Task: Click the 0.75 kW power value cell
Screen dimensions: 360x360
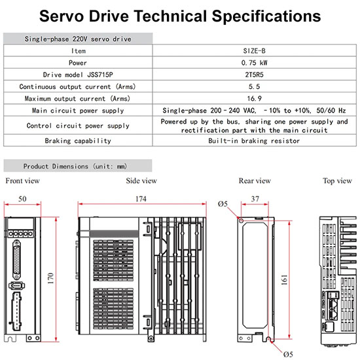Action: point(254,63)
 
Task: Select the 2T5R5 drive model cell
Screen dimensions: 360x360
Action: point(254,75)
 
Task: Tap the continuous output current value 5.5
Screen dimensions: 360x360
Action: point(254,86)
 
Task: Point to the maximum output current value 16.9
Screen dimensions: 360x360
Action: point(254,98)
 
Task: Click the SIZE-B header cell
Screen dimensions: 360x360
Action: point(254,51)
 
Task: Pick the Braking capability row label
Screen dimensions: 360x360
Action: point(78,141)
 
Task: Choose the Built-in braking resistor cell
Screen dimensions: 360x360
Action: point(254,141)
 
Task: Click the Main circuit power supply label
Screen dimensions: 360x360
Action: point(78,111)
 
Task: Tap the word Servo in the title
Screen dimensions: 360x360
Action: point(62,16)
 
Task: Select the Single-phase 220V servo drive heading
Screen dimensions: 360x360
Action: point(78,39)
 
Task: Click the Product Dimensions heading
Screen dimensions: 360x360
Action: point(75,166)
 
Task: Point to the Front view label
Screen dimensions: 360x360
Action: point(22,181)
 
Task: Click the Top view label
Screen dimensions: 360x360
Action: point(337,181)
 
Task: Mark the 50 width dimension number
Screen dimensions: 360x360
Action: point(22,198)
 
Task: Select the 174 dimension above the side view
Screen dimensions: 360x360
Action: point(141,198)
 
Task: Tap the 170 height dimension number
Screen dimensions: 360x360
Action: point(51,278)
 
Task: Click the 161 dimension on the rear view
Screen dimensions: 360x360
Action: point(285,279)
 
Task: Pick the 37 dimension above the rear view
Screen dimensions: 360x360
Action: point(255,198)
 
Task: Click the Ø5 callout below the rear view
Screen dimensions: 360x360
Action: point(288,354)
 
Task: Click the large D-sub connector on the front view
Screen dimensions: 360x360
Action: point(16,260)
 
